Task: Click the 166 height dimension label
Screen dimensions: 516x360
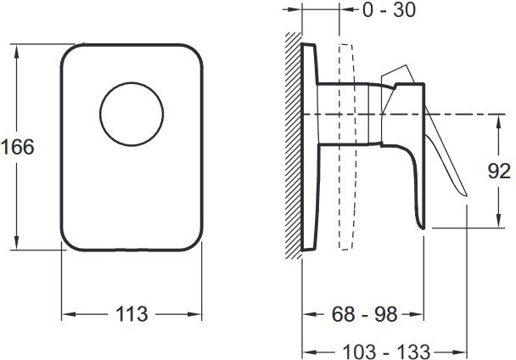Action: [18, 147]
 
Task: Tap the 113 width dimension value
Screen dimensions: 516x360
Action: [132, 314]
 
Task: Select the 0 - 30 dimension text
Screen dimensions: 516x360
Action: [389, 10]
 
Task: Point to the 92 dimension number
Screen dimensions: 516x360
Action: [499, 172]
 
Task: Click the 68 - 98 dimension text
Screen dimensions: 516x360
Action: [365, 314]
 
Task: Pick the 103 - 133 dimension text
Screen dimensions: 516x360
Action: [386, 352]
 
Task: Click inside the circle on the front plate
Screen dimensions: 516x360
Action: [132, 114]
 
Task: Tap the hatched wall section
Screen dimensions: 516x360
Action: [293, 146]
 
